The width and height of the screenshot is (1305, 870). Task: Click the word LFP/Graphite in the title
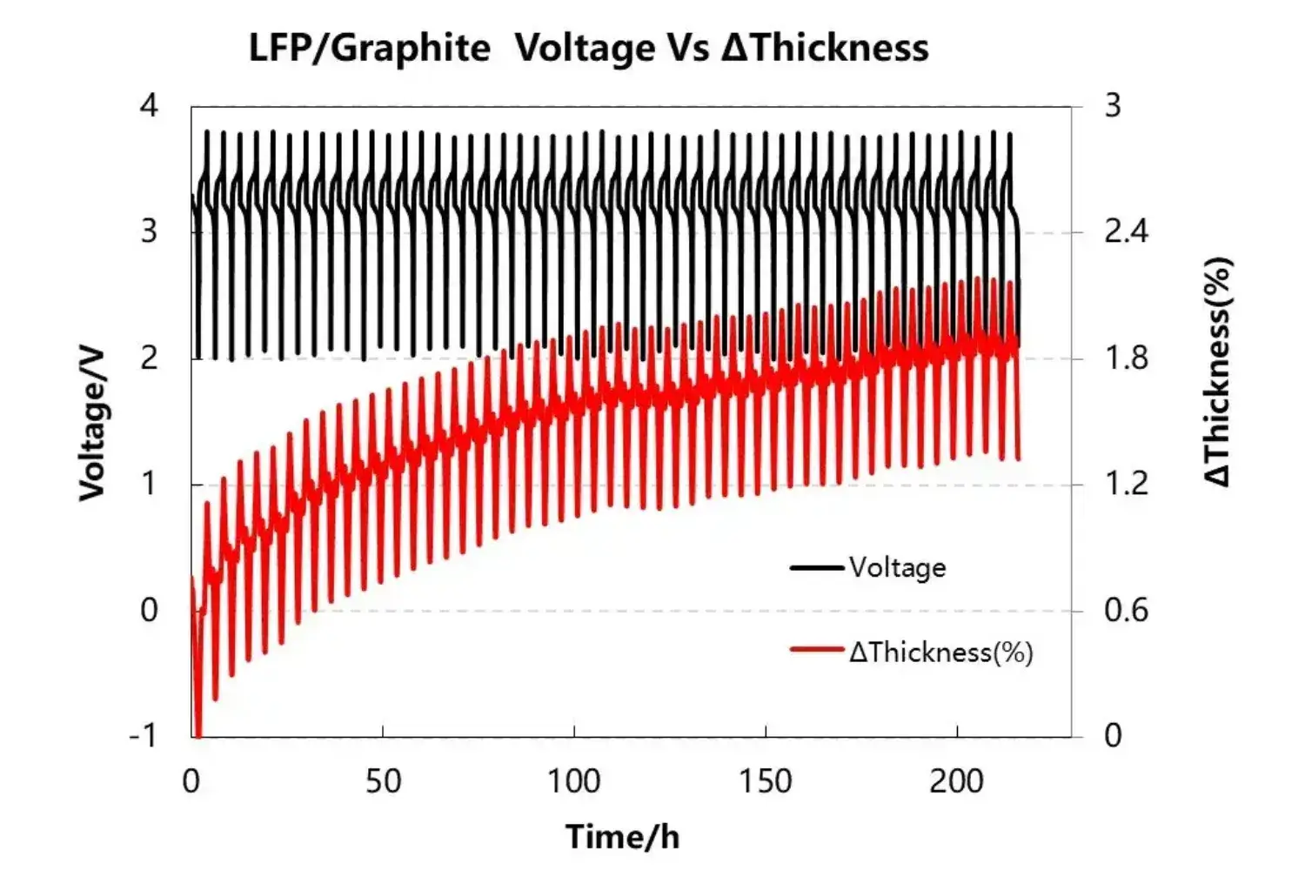369,48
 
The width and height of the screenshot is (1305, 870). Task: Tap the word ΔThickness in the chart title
825,48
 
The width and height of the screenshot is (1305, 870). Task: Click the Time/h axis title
622,837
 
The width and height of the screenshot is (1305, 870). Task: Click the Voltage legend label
897,568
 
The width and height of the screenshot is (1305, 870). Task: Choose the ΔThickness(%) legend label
941,652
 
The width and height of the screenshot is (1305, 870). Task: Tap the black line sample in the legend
816,568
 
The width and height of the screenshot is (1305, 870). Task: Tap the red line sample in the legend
816,650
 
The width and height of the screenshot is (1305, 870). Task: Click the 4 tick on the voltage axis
150,106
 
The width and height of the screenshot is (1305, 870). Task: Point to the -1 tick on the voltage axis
144,736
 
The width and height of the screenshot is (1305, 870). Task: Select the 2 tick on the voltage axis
150,358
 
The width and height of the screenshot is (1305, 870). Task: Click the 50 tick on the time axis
383,781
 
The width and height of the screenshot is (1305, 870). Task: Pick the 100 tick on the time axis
573,781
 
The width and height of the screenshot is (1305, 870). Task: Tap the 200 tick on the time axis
956,781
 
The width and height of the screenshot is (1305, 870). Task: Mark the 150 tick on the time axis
766,781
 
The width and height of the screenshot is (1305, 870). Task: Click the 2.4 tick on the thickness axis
1126,232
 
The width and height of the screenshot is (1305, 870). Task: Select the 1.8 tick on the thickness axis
1126,358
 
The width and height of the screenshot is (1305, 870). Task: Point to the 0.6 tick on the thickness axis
1126,610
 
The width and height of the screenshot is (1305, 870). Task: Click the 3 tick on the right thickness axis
1114,106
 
